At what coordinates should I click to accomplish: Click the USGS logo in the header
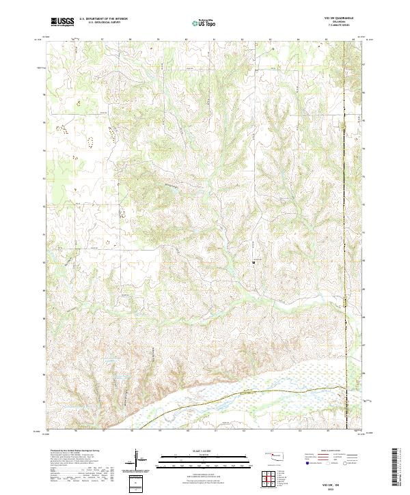click(63, 22)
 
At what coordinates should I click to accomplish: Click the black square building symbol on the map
click(254, 260)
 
